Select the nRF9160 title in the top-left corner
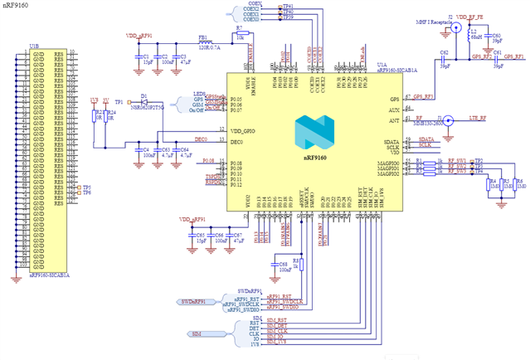coord(15,7)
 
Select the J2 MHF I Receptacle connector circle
coord(455,27)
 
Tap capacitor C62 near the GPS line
coord(445,60)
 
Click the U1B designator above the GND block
coord(33,46)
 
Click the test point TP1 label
coord(119,101)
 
